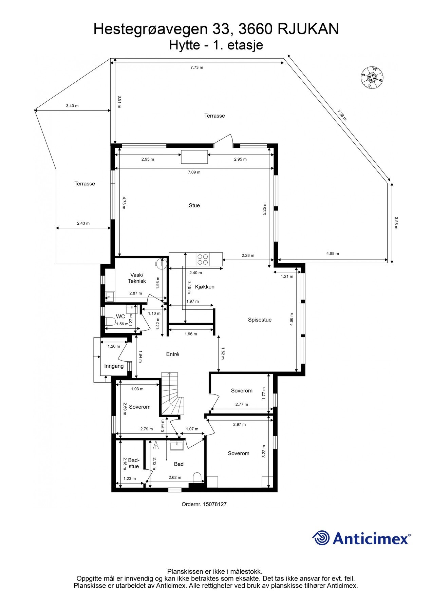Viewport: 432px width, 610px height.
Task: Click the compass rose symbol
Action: point(372,77)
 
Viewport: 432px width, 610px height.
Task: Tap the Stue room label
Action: point(194,205)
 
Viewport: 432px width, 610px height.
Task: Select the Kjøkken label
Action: point(205,287)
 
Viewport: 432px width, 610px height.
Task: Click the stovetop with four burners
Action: point(203,259)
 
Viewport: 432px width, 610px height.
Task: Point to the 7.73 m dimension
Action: point(196,67)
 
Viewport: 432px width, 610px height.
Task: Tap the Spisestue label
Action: point(260,320)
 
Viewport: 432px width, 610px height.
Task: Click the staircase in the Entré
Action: point(172,395)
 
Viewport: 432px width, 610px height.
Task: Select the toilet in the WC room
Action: point(109,322)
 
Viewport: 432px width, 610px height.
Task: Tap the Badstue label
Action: point(134,463)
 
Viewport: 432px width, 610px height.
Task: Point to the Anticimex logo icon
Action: point(321,538)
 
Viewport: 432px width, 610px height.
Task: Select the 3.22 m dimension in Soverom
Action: point(264,451)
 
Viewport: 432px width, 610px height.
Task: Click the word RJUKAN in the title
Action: point(308,29)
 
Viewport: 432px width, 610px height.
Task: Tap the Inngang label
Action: point(114,366)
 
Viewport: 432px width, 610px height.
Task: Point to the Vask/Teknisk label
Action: point(137,278)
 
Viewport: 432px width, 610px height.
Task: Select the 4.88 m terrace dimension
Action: point(332,253)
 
